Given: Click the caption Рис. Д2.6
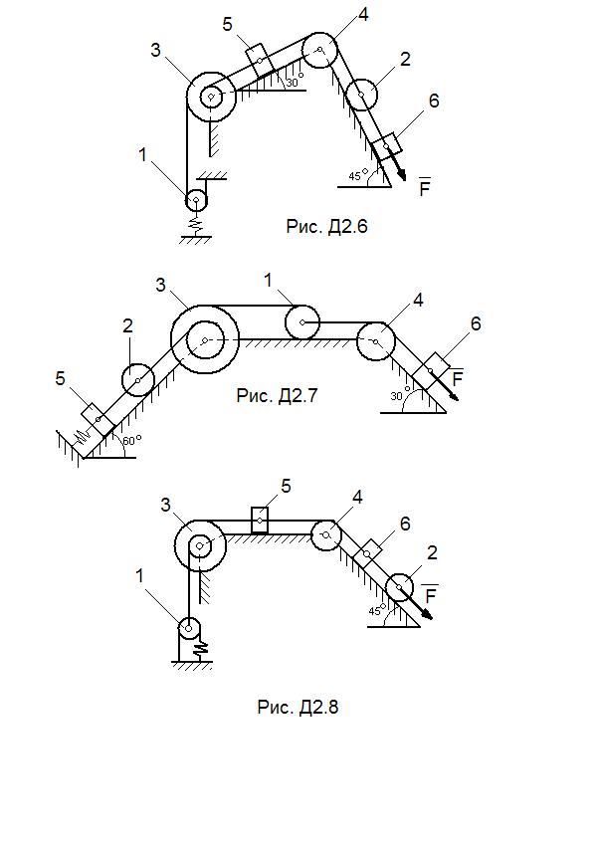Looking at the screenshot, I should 327,226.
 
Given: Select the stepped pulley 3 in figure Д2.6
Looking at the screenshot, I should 212,98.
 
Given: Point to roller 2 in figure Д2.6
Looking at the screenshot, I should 361,96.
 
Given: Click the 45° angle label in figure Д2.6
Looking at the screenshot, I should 355,176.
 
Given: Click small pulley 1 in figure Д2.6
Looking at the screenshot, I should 196,200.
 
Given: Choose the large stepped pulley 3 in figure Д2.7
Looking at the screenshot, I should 203,340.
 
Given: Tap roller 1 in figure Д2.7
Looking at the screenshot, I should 301,322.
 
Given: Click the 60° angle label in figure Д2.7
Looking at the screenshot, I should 131,438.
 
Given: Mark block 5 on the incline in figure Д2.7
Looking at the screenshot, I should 97,419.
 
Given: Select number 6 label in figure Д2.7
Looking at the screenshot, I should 475,323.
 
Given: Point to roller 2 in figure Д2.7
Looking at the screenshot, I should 136,378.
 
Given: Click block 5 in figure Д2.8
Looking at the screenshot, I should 259,520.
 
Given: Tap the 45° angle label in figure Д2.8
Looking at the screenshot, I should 376,611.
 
